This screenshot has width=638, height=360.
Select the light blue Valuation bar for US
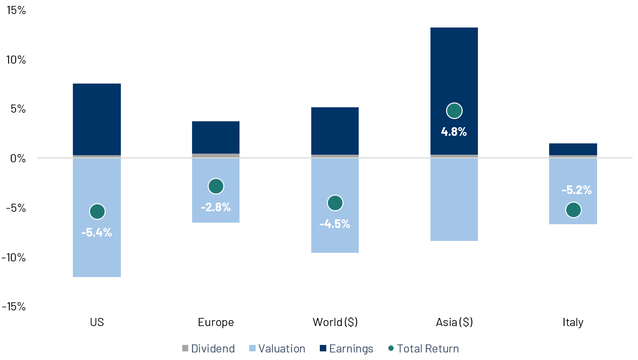click(97, 253)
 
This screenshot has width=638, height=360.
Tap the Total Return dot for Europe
click(216, 186)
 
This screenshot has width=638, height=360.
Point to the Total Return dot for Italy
click(573, 210)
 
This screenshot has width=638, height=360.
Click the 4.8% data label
click(454, 131)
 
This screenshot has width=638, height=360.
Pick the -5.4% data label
click(97, 233)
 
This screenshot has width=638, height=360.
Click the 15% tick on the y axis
click(16, 10)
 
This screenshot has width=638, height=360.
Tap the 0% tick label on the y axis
click(18, 158)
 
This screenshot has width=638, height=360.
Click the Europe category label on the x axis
click(216, 322)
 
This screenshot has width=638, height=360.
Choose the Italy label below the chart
click(573, 322)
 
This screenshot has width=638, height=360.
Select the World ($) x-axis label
click(335, 322)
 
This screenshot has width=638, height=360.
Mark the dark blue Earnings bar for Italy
click(573, 149)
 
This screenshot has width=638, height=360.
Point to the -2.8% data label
click(216, 207)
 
